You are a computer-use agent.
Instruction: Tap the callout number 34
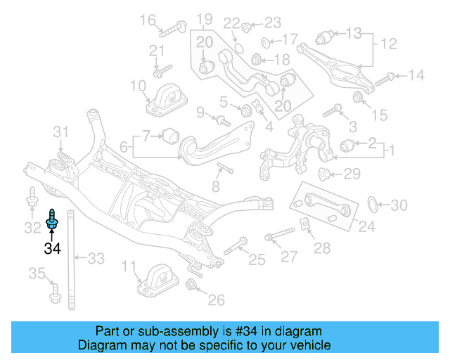[x=52, y=248]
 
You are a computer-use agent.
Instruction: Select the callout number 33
[x=96, y=259]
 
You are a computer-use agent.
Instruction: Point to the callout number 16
[x=148, y=20]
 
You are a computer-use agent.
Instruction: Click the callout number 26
[x=216, y=300]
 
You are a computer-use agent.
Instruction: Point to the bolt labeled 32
[x=32, y=200]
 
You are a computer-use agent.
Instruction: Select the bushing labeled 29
[x=325, y=173]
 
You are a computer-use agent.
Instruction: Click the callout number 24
[x=367, y=226]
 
